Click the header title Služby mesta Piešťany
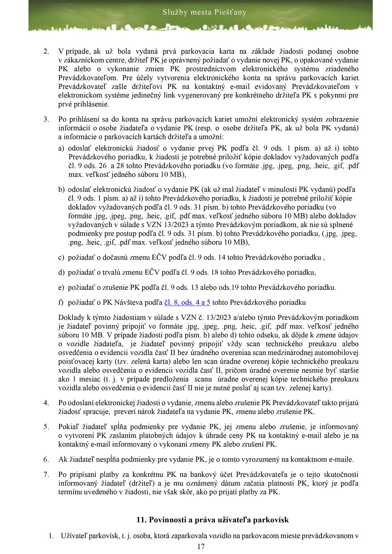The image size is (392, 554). tap(204, 13)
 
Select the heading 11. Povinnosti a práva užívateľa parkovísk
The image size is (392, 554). tap(212, 519)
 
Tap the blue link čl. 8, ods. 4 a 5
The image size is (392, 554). tap(188, 303)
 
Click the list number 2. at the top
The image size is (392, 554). tap(46, 51)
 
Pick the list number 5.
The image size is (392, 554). tap(46, 427)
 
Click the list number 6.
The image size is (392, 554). tap(46, 459)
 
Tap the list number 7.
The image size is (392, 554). tap(46, 475)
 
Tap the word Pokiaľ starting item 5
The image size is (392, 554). tap(68, 427)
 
